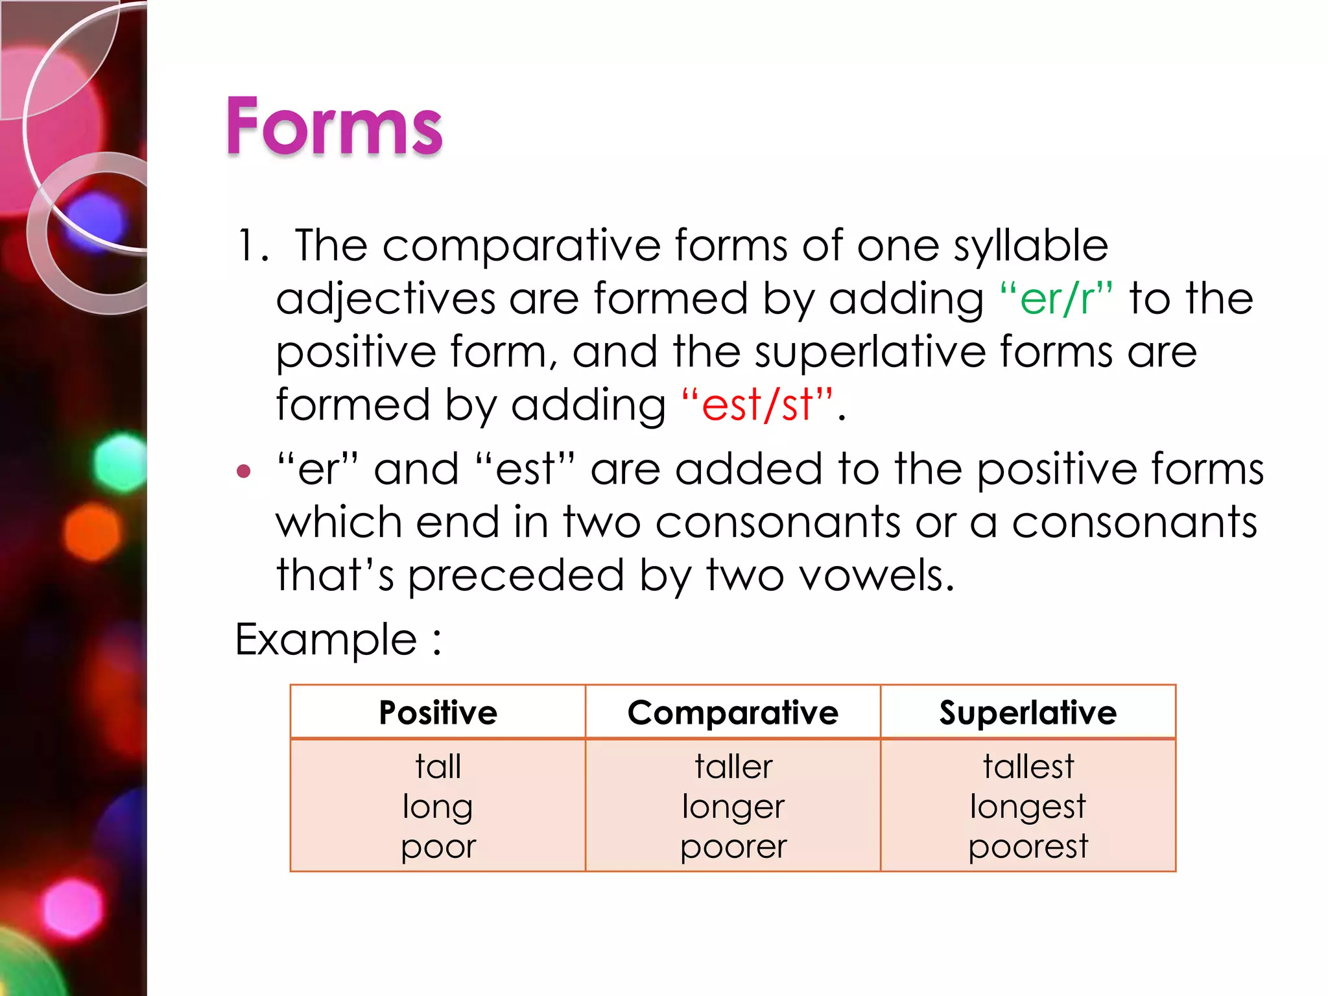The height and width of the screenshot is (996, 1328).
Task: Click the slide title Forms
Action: tap(333, 126)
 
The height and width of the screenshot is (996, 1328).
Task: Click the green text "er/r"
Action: tap(1056, 299)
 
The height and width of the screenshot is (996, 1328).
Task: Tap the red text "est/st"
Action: tap(757, 405)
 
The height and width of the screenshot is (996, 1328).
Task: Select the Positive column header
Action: tap(438, 713)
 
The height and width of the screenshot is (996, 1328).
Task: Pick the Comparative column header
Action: tap(733, 713)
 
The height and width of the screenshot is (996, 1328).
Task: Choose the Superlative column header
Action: tap(1028, 713)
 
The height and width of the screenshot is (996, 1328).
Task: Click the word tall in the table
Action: tap(438, 766)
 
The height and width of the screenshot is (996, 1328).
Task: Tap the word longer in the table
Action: tap(733, 807)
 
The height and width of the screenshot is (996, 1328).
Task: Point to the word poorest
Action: tap(1028, 846)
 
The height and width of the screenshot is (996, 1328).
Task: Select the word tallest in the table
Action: tap(1028, 766)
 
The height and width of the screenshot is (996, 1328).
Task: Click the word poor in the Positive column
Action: tap(438, 847)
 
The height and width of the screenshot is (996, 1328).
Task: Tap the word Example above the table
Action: tap(326, 640)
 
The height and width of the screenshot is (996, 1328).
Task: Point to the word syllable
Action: tap(1030, 246)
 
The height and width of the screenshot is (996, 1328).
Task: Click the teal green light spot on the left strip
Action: tap(121, 461)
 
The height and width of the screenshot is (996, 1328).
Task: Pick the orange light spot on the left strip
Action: tap(93, 532)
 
